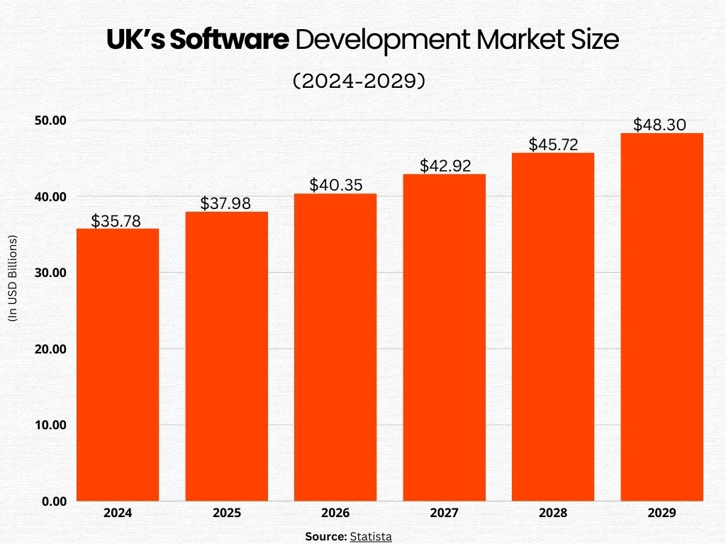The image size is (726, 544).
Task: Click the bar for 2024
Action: coord(118,365)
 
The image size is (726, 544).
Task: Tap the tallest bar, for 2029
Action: coord(662,317)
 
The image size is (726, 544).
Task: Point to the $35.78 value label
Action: coord(116,221)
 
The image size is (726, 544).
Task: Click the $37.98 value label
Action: coord(225,204)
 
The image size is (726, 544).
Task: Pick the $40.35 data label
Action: coord(335,186)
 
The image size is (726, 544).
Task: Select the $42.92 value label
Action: coord(445,166)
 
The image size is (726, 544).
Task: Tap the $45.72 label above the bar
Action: coord(553,145)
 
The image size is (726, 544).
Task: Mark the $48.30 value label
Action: coord(659,125)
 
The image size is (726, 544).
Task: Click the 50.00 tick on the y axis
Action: coord(50,120)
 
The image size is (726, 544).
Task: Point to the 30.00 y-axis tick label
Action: coord(50,273)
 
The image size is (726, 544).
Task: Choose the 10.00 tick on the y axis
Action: coord(50,425)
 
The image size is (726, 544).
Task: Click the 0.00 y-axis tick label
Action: coord(53,501)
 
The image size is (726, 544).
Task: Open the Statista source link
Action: coord(371,536)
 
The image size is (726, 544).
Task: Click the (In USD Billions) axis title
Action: coord(12,278)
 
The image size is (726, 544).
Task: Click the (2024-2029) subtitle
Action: coord(359,82)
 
